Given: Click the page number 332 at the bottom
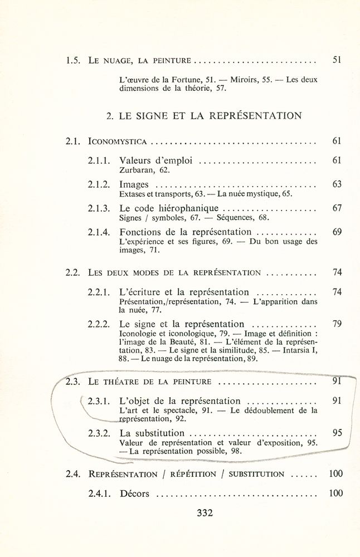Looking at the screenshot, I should (205, 513).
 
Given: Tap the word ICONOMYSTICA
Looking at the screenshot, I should (118, 141).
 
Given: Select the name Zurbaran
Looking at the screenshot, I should (137, 170).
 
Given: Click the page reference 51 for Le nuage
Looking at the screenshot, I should (336, 59).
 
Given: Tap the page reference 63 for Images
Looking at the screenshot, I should (336, 184).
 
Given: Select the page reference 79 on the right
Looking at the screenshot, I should (336, 324).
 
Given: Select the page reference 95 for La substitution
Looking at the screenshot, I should (336, 433).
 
